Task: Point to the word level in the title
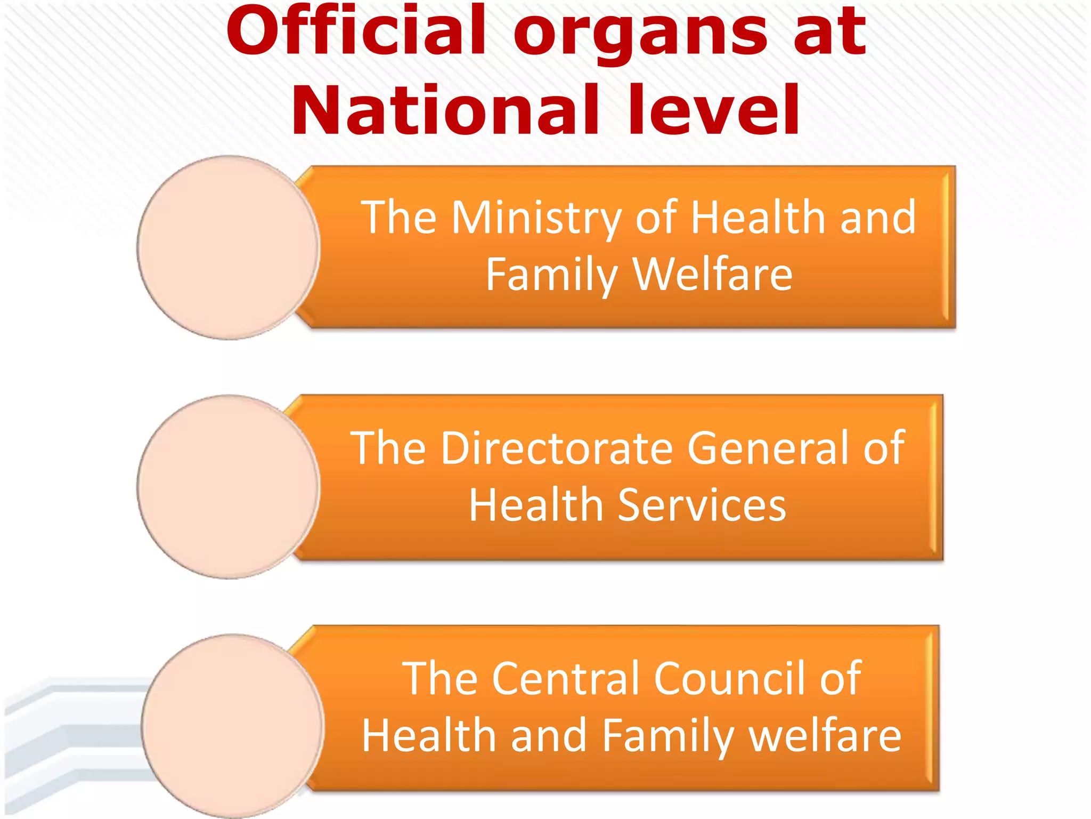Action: [x=714, y=111]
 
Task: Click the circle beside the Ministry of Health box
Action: [x=228, y=247]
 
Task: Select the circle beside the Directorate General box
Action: [x=228, y=487]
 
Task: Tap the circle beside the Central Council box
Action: [x=232, y=725]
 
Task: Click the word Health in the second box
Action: [x=536, y=505]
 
